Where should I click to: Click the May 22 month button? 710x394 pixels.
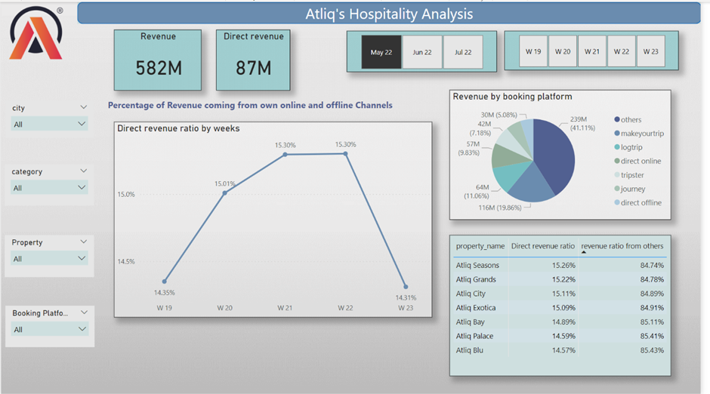click(x=381, y=52)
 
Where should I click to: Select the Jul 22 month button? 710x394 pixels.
click(x=462, y=52)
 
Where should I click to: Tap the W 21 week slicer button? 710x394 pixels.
click(x=591, y=51)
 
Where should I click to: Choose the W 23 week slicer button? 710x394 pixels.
click(x=650, y=51)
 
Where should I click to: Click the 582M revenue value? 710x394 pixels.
click(x=158, y=68)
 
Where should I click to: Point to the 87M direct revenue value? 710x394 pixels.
click(x=253, y=68)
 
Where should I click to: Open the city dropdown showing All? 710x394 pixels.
click(x=50, y=124)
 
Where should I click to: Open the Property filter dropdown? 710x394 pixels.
click(x=50, y=259)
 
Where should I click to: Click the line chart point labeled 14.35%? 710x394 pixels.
click(x=164, y=282)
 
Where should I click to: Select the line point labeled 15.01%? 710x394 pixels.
click(x=224, y=193)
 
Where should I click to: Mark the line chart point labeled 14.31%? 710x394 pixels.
click(x=406, y=287)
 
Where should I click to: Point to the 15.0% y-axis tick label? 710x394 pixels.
click(x=126, y=194)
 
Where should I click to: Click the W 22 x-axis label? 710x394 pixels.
click(x=345, y=307)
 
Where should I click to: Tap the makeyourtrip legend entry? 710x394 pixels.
click(x=641, y=134)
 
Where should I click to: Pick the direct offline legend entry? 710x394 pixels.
click(x=641, y=202)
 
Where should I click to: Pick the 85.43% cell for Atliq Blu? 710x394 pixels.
click(x=651, y=350)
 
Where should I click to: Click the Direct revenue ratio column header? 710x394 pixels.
click(x=542, y=246)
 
